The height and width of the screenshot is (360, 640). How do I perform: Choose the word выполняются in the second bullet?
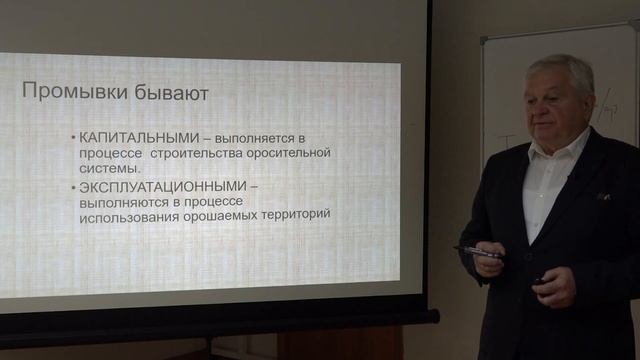point(121,200)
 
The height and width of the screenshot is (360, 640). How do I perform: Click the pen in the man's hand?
point(478,252)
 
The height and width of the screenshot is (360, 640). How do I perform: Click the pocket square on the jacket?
point(604,197)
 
